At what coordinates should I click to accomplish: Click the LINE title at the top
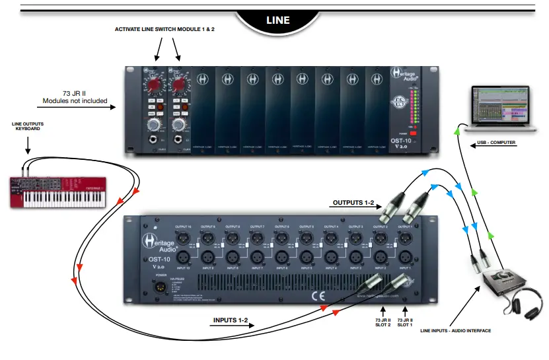(x=278, y=20)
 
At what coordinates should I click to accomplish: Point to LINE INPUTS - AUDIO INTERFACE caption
(x=455, y=330)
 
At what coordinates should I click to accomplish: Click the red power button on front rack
(x=414, y=132)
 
